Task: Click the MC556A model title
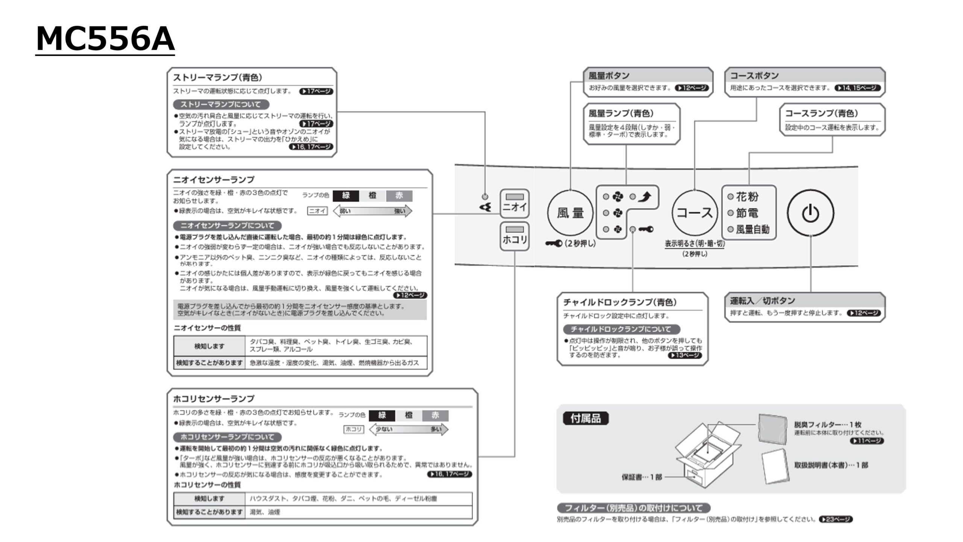(x=105, y=39)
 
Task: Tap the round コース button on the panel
(x=694, y=213)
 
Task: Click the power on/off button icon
(x=810, y=213)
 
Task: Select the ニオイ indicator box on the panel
(x=515, y=203)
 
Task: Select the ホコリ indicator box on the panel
(x=515, y=236)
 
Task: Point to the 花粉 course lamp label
(x=747, y=196)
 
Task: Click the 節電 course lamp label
(x=747, y=213)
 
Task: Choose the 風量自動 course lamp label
(x=752, y=229)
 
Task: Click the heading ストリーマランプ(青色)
(x=217, y=78)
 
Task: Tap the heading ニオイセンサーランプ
(x=214, y=180)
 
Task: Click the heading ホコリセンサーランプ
(x=214, y=398)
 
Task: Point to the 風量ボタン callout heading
(x=609, y=76)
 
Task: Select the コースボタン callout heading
(x=754, y=76)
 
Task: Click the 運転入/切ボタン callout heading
(x=763, y=301)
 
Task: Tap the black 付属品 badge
(x=586, y=418)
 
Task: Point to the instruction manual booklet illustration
(x=776, y=466)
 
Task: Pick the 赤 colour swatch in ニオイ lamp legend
(x=399, y=195)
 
